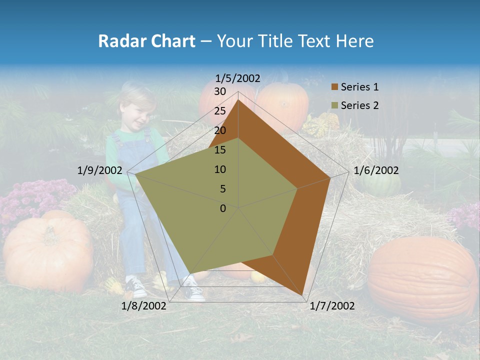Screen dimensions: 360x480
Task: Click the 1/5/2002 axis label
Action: click(x=238, y=78)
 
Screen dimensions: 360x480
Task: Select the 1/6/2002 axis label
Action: click(x=376, y=170)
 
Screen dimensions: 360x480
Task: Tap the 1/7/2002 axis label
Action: click(x=332, y=306)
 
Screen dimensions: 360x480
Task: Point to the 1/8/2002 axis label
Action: click(x=144, y=306)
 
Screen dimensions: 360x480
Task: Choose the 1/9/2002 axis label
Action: click(x=100, y=170)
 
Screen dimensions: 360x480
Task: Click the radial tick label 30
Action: click(x=220, y=91)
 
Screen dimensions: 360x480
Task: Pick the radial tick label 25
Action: click(x=220, y=111)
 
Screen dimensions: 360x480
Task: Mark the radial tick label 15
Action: click(x=220, y=150)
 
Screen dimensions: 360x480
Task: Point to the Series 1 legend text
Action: click(x=359, y=87)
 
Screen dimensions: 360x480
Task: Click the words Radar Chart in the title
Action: click(x=146, y=41)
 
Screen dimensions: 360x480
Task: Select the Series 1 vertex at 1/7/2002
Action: click(x=304, y=296)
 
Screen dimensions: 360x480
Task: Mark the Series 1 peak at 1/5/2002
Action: click(x=238, y=100)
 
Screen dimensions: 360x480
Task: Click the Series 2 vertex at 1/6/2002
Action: click(x=298, y=188)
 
